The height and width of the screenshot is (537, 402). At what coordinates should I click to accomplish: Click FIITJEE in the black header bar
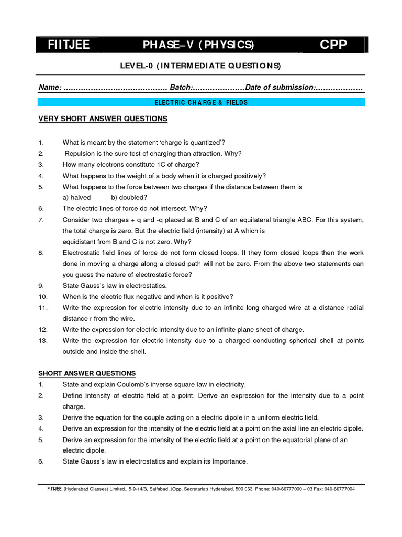point(69,45)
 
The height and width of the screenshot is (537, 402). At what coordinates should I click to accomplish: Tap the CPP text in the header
point(333,45)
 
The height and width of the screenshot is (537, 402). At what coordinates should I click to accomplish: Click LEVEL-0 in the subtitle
point(137,66)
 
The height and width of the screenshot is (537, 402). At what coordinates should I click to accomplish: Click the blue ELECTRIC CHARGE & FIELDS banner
point(202,102)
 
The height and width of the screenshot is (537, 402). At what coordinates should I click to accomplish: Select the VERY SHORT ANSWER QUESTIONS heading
point(103,119)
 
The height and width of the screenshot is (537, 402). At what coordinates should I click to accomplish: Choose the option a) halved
point(76,197)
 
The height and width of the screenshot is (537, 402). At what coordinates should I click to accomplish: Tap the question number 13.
point(43,341)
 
